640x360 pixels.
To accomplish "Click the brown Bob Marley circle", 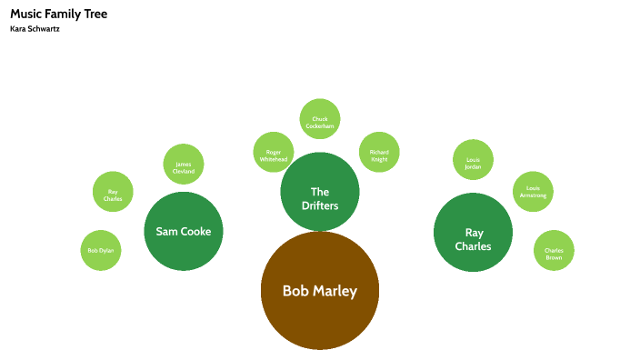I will point(319,291).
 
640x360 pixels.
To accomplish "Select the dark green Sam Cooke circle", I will point(184,231).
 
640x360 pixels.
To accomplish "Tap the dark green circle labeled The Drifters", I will point(320,192).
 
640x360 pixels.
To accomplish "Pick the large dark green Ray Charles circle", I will point(473,232).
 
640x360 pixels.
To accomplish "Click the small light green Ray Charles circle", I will point(113,193).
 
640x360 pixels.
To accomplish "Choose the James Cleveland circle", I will point(184,165).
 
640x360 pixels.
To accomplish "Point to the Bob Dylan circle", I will point(101,250).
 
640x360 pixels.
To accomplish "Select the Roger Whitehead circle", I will point(274,151).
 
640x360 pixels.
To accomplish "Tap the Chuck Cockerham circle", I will point(320,119).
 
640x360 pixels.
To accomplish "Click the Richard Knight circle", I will point(379,152).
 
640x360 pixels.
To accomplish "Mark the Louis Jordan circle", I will point(473,159).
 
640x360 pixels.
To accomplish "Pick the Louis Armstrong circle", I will point(533,192).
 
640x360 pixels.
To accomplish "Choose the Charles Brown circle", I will point(554,250).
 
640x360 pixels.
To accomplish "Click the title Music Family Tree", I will point(58,14).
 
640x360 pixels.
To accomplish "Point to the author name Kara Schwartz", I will point(35,29).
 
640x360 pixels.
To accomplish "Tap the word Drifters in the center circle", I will point(320,205).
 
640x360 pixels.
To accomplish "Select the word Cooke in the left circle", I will point(195,231).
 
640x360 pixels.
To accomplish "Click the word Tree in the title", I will point(95,14).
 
